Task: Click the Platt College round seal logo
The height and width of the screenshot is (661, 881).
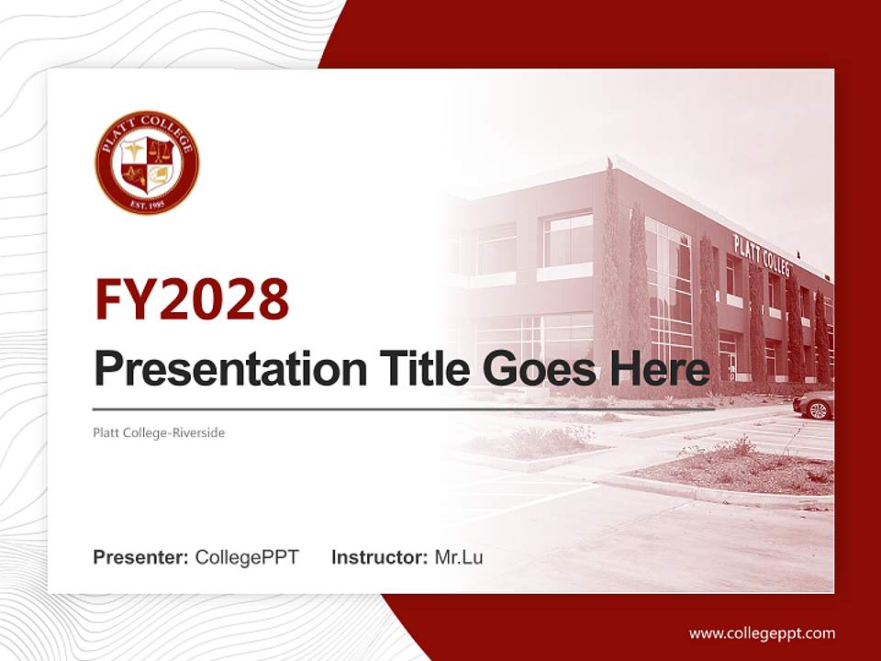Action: (x=147, y=163)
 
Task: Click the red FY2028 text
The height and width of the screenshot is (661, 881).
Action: (x=192, y=299)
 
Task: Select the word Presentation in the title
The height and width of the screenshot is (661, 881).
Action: (x=217, y=369)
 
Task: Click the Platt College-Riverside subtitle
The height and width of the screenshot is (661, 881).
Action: (x=159, y=432)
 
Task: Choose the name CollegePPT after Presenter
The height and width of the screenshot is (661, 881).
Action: (x=247, y=557)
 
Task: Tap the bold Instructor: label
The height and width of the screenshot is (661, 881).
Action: (x=379, y=557)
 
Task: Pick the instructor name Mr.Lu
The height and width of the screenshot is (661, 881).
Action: (x=459, y=557)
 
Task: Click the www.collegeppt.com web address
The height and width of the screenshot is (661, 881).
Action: (x=762, y=633)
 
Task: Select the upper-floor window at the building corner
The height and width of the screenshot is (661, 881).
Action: (x=567, y=239)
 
